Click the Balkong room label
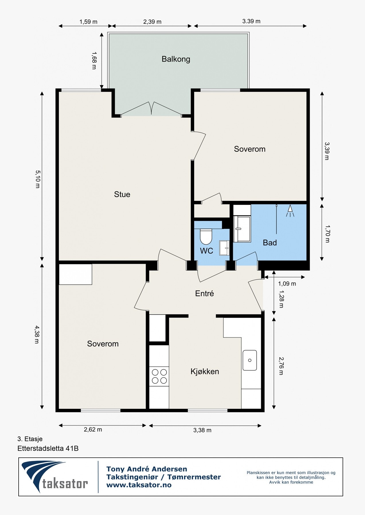[x=176, y=59]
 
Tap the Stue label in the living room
[x=122, y=195]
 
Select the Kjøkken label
[x=205, y=371]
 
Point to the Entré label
[x=204, y=294]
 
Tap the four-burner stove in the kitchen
[x=159, y=376]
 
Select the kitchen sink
[x=250, y=360]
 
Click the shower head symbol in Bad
[x=290, y=211]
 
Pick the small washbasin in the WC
[x=225, y=248]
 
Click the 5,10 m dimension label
[x=38, y=179]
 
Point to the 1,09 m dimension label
[x=287, y=284]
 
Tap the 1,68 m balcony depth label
[x=94, y=60]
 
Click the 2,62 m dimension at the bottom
[x=93, y=429]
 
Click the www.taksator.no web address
[x=139, y=485]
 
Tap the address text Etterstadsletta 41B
[x=48, y=448]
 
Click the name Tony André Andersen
[x=147, y=469]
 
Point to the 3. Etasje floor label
[x=30, y=439]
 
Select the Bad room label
[x=270, y=243]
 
